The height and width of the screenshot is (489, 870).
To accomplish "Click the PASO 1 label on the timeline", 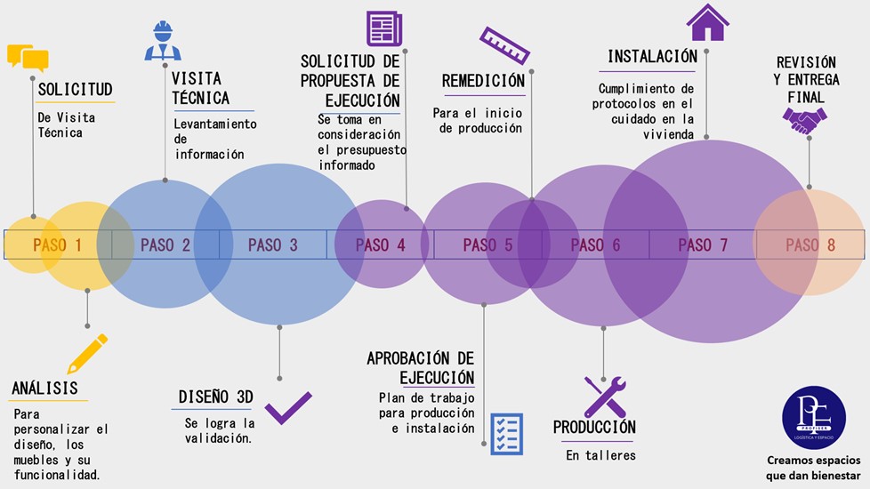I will click(58, 244).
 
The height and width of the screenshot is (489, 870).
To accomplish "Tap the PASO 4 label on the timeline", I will click(380, 244).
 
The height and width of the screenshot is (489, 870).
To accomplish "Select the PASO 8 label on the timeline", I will click(810, 244).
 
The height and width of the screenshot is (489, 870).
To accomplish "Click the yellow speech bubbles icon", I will click(28, 58).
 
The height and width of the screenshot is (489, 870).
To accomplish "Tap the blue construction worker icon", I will click(163, 41).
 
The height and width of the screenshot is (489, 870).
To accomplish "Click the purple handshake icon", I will click(804, 120).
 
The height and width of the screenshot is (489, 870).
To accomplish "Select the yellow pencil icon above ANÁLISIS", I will click(87, 353).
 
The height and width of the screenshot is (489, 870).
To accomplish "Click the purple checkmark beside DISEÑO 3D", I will click(288, 408).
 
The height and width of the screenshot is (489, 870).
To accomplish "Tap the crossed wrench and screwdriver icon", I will click(605, 397).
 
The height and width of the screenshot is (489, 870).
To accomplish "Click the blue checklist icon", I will click(506, 434).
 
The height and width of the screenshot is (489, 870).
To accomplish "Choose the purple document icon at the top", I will click(384, 28).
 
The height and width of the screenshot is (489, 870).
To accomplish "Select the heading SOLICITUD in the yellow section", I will click(76, 90).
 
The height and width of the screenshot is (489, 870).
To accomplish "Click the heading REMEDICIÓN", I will click(483, 82).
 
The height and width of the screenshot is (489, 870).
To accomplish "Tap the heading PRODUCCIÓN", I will click(594, 428).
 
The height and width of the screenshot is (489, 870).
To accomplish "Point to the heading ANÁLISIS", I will click(44, 389).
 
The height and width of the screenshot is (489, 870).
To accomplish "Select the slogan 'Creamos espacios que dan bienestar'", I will click(814, 467).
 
